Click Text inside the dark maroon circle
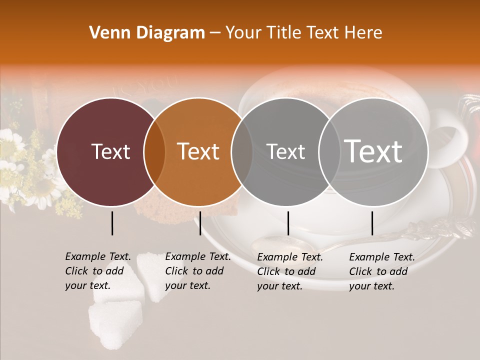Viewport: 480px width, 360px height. (110, 151)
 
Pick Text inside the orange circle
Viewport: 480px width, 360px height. (198, 151)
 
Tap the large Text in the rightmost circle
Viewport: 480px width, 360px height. (373, 151)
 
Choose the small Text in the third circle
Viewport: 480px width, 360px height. (285, 151)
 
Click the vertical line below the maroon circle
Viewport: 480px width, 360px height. (112, 223)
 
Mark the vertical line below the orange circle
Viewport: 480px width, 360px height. (200, 223)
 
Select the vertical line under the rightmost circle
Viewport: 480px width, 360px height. (372, 223)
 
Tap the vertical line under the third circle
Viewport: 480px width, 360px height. (288, 223)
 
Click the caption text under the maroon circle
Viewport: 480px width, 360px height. (98, 271)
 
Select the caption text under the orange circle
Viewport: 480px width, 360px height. (198, 271)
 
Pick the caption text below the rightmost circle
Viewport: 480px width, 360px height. (382, 271)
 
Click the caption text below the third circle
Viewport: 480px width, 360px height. (290, 271)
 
